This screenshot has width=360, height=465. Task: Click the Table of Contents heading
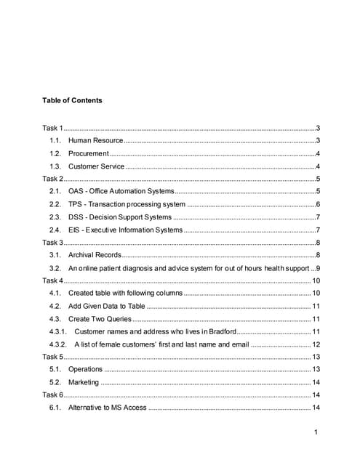coord(72,100)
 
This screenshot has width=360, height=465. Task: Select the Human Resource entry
coord(95,140)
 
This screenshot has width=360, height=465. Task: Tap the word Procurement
coord(88,153)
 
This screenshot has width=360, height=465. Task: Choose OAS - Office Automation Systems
coord(121,191)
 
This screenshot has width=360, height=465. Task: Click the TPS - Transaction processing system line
coord(127,204)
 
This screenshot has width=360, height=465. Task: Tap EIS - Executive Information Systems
coord(125,230)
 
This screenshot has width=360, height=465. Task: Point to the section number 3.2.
coord(54,269)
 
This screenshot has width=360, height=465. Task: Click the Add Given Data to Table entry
coord(107,306)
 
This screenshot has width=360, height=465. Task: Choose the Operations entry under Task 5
coord(85,370)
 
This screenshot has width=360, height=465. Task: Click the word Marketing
coord(84,382)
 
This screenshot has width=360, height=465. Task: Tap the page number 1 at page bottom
coord(318,434)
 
